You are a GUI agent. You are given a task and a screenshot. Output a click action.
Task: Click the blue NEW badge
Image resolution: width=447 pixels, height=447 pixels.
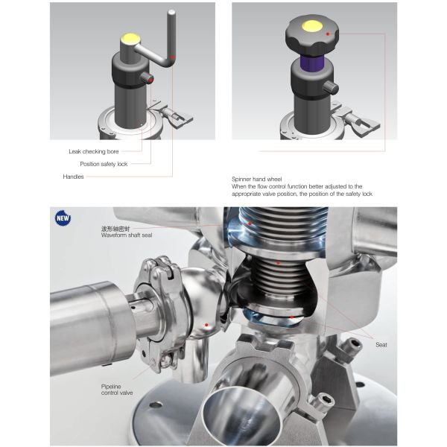(x=63, y=218)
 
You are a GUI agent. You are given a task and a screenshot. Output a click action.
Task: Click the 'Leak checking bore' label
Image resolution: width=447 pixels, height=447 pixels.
(x=94, y=151)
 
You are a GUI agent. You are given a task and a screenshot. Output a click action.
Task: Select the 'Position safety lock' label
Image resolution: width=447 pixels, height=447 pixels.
(x=104, y=164)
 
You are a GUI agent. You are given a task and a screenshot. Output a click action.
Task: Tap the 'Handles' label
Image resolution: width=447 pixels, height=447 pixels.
(x=73, y=177)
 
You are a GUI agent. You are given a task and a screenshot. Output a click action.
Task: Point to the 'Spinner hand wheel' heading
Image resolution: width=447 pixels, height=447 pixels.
(x=256, y=179)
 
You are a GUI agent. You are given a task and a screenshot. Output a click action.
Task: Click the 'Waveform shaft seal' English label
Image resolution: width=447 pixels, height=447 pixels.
(x=127, y=235)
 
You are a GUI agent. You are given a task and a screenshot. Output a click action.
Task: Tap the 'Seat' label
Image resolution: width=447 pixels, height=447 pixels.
(x=381, y=345)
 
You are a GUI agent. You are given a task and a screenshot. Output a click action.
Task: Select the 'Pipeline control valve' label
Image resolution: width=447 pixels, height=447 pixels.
(x=117, y=390)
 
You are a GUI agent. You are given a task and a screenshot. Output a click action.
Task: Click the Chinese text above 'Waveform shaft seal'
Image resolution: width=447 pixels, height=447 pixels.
(x=115, y=229)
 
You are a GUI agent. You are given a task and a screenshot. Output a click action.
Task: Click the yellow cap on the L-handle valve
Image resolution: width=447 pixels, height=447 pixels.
(x=130, y=39)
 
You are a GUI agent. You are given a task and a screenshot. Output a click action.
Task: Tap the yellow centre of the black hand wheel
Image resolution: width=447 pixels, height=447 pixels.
(x=312, y=26)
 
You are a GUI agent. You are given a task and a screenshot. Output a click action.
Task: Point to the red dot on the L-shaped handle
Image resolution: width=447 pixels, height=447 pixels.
(x=173, y=57)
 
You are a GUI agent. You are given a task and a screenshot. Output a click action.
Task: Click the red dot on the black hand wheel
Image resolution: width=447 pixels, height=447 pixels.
(x=328, y=34)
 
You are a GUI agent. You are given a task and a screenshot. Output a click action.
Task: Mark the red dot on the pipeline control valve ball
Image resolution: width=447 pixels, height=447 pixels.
(x=206, y=325)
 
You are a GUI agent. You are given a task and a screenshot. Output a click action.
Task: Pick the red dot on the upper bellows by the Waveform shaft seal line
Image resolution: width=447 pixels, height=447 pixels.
(x=250, y=223)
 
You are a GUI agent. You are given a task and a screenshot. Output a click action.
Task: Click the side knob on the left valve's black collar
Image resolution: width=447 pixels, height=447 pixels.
(x=148, y=77)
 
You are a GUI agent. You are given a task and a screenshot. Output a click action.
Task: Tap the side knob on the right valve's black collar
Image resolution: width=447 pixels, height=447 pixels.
(x=332, y=87)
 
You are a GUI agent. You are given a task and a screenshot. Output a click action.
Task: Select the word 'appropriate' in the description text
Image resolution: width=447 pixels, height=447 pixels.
(x=246, y=194)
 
